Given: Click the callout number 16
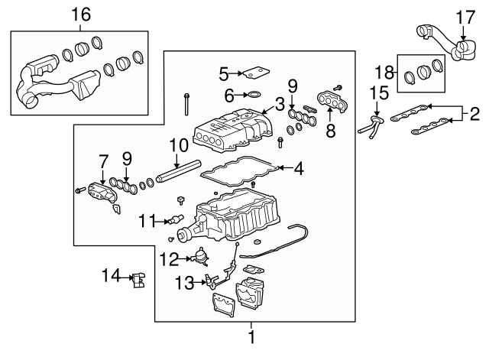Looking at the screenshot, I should pos(80,13).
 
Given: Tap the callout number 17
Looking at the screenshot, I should pos(465,15).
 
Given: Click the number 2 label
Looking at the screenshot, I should pos(474,115).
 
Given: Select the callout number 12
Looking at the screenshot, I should pos(169,258).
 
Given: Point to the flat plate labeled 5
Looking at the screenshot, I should pos(255,74).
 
